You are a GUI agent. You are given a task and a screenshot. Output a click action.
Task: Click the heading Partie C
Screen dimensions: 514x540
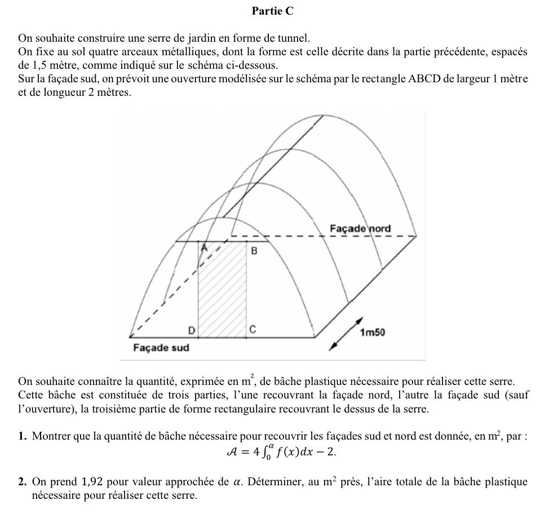272,11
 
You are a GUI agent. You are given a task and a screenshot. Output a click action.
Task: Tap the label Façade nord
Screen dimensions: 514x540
360,228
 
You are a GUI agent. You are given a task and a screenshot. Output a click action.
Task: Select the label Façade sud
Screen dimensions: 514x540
161,348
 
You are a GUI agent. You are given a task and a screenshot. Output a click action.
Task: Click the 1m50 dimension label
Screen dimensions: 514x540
373,333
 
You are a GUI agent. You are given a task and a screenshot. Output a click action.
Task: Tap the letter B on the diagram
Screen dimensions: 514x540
254,251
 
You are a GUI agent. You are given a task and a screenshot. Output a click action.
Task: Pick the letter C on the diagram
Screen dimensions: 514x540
253,329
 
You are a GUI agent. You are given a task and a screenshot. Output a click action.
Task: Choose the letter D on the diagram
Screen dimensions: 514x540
192,329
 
